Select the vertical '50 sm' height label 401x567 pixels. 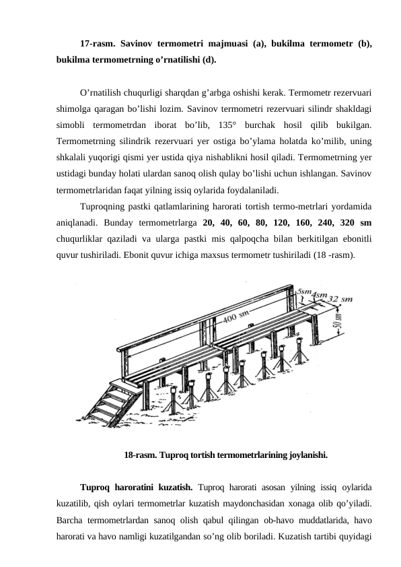pyautogui.click(x=338, y=327)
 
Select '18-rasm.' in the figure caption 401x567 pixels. pyautogui.click(x=141, y=455)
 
